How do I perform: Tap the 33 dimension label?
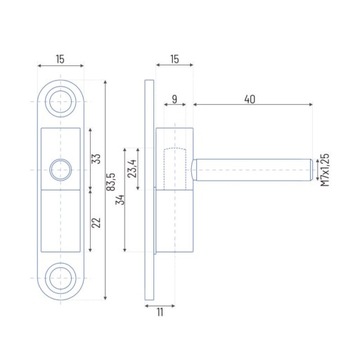point(96,158)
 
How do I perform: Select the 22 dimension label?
point(96,222)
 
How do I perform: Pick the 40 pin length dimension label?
point(250,99)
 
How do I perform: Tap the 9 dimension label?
point(174,99)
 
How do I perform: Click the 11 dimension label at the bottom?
point(160,313)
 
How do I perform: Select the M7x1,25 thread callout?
point(325,170)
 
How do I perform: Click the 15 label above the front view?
point(60,60)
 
